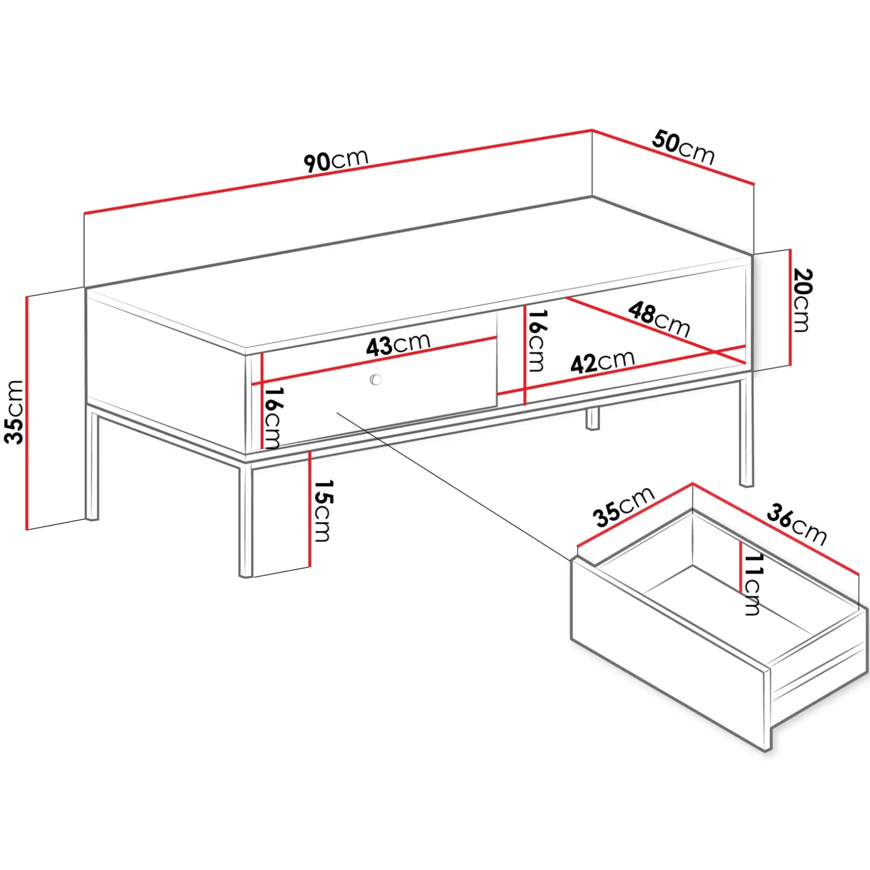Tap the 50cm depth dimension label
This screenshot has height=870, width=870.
[x=684, y=147]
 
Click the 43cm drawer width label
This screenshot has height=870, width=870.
[x=398, y=344]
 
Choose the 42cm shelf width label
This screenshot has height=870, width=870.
[x=603, y=362]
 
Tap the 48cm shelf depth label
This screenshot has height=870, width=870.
[x=659, y=319]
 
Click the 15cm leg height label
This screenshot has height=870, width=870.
[x=323, y=511]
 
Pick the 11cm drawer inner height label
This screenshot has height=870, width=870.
[x=752, y=584]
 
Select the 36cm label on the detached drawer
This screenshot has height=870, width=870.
[x=797, y=525]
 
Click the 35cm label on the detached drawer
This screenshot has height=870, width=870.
[x=624, y=507]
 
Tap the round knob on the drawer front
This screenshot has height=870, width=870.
[x=376, y=380]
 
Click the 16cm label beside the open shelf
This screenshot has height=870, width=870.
[x=537, y=341]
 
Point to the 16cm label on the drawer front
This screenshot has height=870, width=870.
[x=273, y=418]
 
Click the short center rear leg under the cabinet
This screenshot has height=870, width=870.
[x=592, y=419]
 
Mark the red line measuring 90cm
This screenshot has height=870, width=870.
[x=338, y=172]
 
